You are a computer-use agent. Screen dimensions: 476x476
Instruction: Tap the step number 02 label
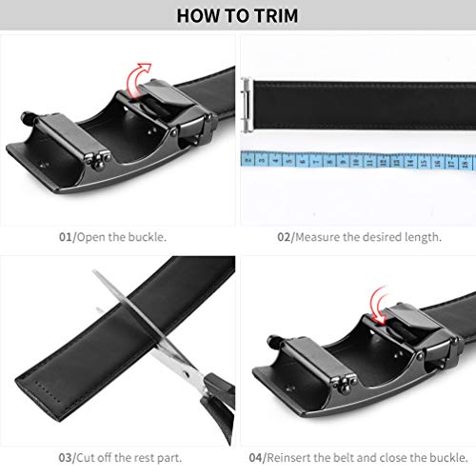[x=283, y=235]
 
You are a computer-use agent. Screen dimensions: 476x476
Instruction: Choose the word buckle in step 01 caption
[x=149, y=235]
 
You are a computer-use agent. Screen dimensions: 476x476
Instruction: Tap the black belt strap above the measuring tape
[x=362, y=100]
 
